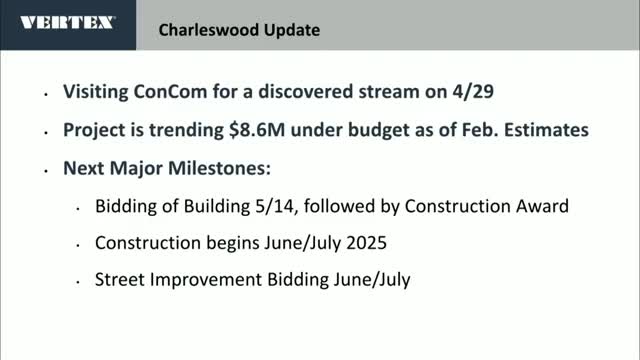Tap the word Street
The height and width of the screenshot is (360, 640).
click(x=118, y=280)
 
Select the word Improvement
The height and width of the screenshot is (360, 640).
click(x=202, y=280)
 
